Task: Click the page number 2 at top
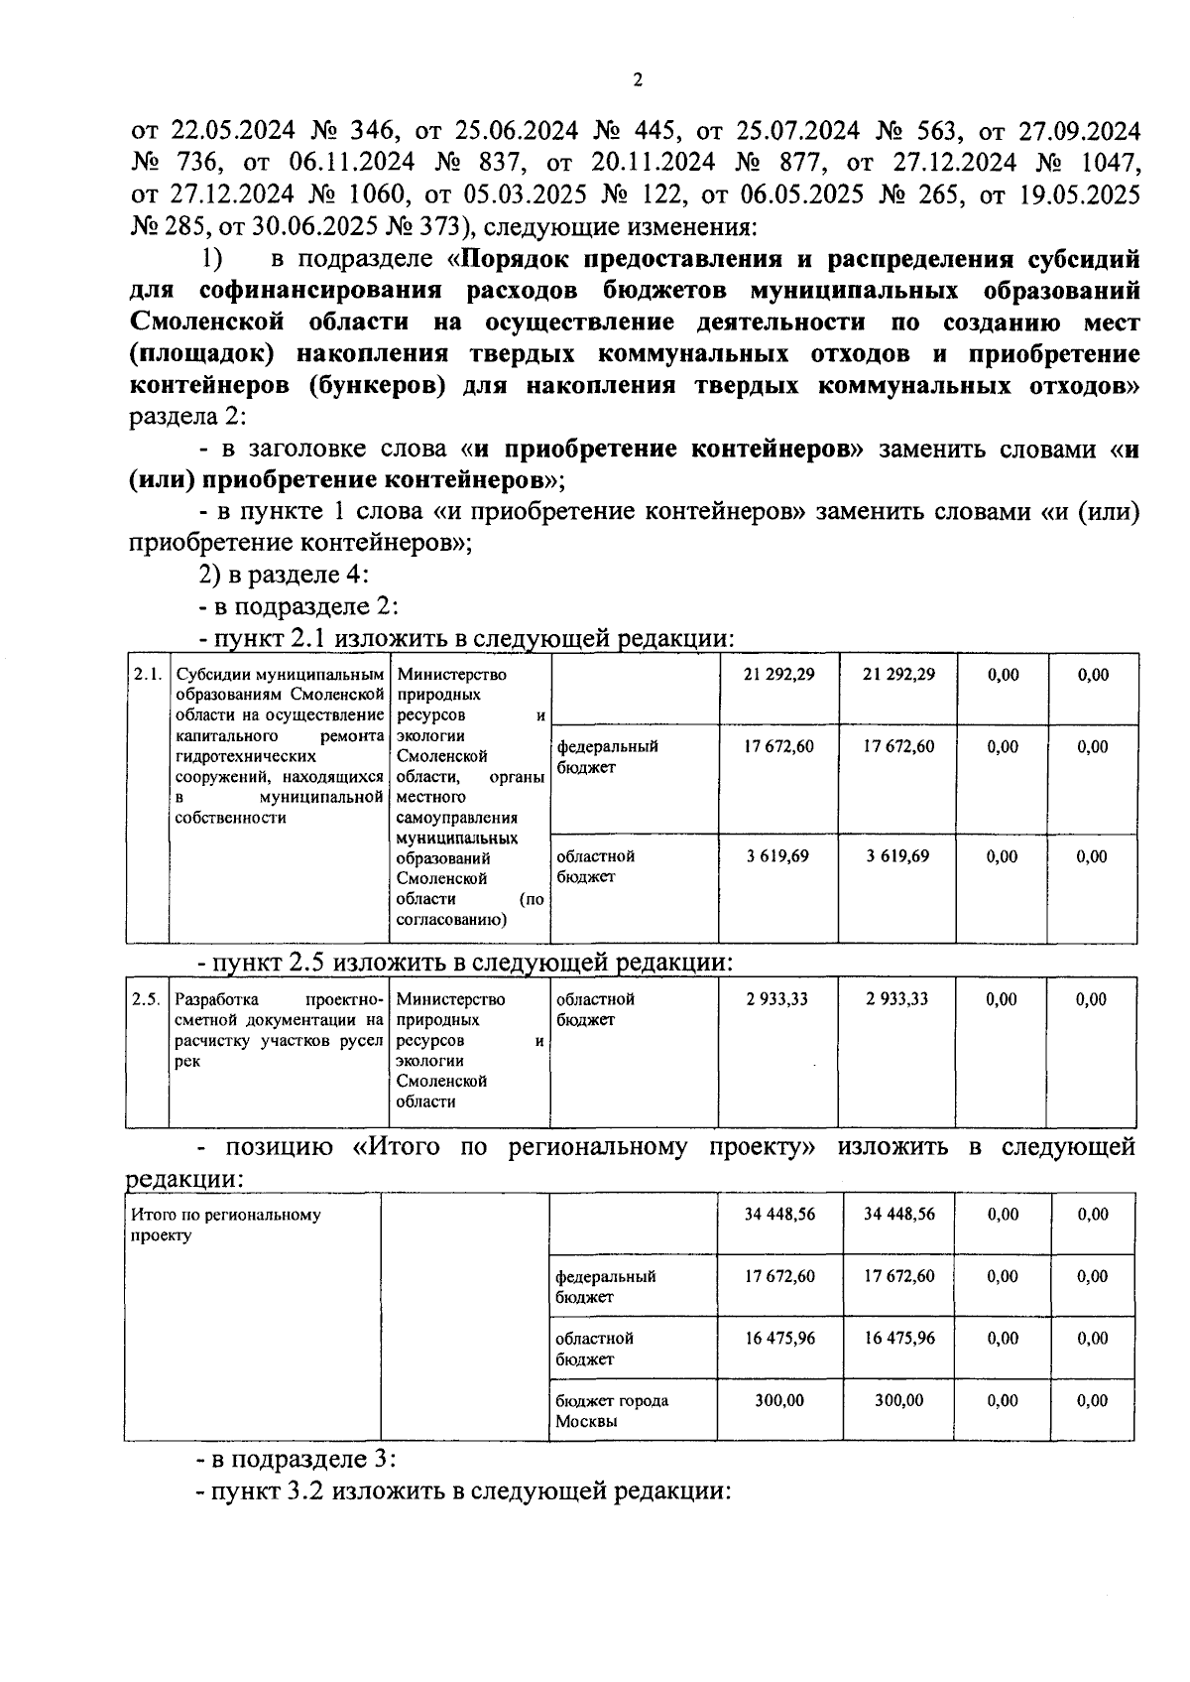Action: pyautogui.click(x=638, y=80)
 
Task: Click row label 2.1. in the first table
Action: pyautogui.click(x=148, y=674)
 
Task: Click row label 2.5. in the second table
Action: pyautogui.click(x=147, y=999)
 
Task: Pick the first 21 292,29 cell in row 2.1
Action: pyautogui.click(x=778, y=674)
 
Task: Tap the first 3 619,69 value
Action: pyautogui.click(x=778, y=855)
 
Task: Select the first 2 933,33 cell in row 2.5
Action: pyautogui.click(x=778, y=999)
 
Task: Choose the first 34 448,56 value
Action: pyautogui.click(x=779, y=1214)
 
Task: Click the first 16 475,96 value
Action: pyautogui.click(x=779, y=1338)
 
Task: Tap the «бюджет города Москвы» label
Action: pyautogui.click(x=611, y=1410)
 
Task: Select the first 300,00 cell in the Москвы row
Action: pyautogui.click(x=779, y=1400)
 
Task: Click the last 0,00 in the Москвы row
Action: pyautogui.click(x=1092, y=1400)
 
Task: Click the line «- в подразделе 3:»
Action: pyautogui.click(x=296, y=1460)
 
